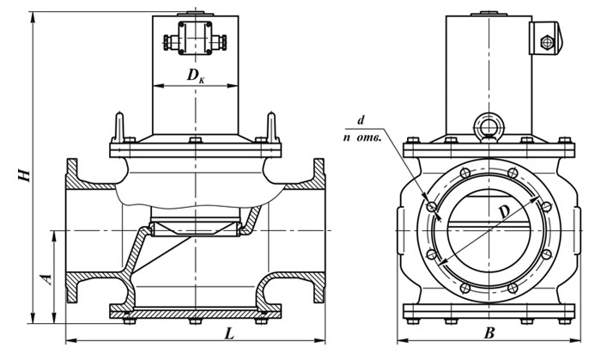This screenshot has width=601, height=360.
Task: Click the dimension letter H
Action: tap(25, 174)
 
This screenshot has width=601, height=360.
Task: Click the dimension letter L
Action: tap(229, 334)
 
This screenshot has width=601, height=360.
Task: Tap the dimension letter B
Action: tap(489, 333)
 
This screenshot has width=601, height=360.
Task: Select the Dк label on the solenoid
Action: tap(196, 76)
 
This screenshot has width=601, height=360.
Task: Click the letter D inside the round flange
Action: tap(505, 213)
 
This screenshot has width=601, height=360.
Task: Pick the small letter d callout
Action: tap(361, 120)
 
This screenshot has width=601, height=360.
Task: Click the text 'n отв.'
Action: tap(362, 137)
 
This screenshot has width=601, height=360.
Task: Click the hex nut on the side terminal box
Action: tap(546, 42)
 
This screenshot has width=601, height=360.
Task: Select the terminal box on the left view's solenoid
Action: tap(196, 38)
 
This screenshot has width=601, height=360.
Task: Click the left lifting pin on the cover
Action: tap(119, 127)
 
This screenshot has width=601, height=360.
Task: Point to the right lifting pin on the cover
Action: tap(271, 127)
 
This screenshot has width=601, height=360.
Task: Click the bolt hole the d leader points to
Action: tap(432, 207)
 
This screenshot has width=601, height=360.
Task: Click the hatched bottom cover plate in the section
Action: tap(196, 314)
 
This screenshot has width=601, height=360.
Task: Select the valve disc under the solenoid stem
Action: tap(196, 229)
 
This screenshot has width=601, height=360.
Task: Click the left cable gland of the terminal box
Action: tap(170, 42)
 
